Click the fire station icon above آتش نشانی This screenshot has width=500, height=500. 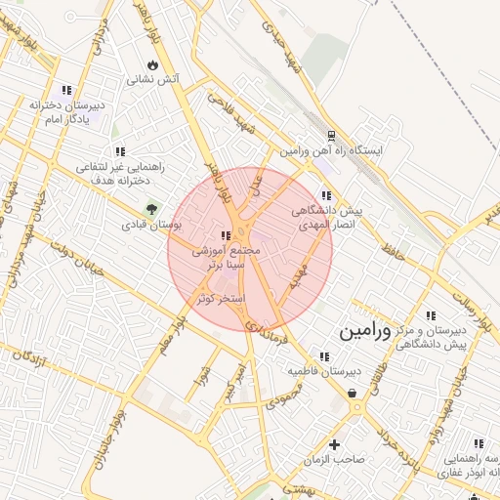152,64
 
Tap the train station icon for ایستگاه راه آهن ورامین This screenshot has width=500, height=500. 331,136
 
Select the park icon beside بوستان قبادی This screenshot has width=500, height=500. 151,208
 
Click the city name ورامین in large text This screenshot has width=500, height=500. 364,331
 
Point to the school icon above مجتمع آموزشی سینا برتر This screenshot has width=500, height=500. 226,235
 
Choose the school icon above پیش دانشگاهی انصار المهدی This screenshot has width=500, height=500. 325,195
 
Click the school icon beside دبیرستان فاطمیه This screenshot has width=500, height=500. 323,356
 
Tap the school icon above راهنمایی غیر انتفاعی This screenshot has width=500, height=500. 119,151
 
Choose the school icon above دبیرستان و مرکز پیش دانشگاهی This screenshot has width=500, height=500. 429,314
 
